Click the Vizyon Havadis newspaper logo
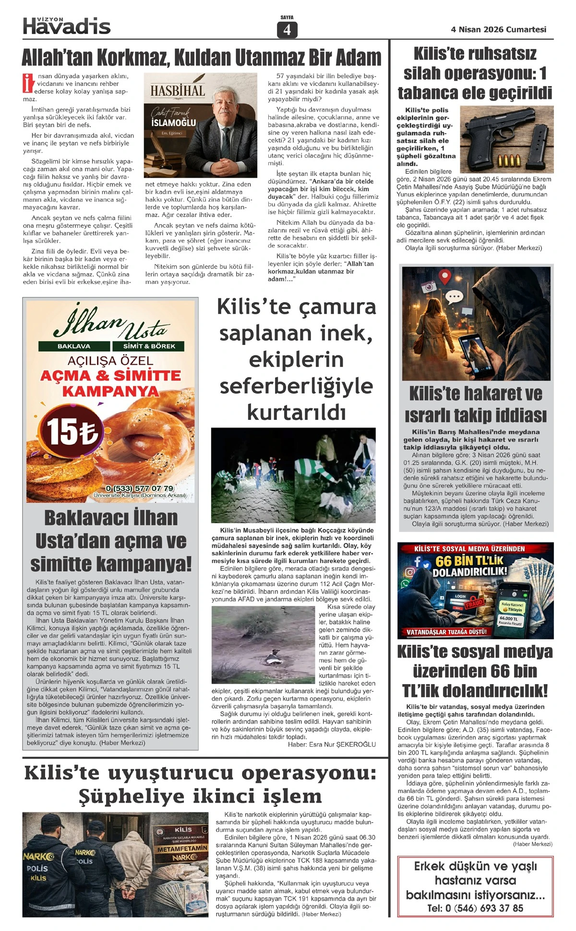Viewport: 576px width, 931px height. [67, 25]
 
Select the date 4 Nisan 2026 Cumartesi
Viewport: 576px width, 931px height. [498, 29]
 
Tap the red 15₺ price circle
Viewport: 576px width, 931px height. [72, 431]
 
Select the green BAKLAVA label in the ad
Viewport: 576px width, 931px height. [74, 346]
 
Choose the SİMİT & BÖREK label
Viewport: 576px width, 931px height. [149, 346]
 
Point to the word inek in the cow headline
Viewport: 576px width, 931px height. [346, 333]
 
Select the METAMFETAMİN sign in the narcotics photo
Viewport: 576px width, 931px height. [182, 848]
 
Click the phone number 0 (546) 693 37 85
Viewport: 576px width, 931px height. [475, 908]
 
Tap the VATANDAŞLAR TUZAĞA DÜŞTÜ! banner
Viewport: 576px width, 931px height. [446, 632]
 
